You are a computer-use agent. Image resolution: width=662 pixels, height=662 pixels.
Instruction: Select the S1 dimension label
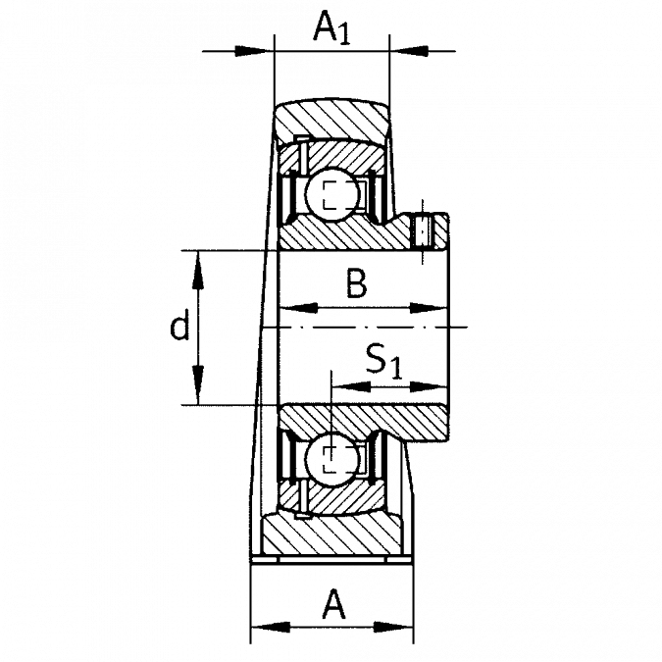click(x=381, y=362)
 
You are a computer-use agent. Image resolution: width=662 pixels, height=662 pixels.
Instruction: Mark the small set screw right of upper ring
click(x=435, y=229)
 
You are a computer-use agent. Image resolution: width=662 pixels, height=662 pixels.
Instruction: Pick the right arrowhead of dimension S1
click(x=428, y=384)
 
